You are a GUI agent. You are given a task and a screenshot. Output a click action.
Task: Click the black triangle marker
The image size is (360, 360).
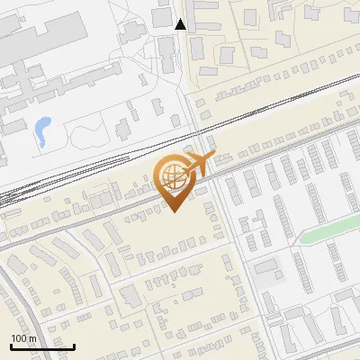tap(180, 24)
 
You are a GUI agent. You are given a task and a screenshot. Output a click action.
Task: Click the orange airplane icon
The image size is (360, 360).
tap(195, 165)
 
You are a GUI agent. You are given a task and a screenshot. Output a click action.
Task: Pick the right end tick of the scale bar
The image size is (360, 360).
tap(74, 345)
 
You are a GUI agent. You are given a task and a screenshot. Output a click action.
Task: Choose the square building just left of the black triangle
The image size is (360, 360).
tap(162, 17)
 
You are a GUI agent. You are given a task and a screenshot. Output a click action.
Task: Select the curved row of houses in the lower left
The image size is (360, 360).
tap(54, 288)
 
